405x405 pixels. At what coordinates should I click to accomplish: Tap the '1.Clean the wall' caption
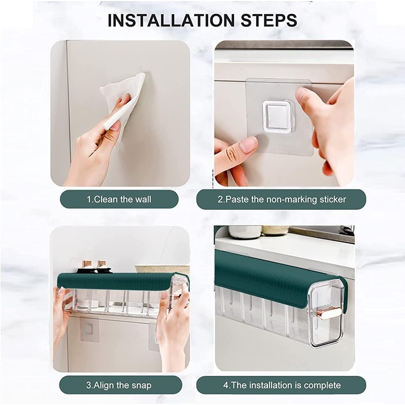click(x=119, y=200)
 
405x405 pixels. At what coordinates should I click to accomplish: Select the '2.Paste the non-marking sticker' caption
click(x=281, y=200)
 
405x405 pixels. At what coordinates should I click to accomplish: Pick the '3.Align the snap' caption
click(x=119, y=385)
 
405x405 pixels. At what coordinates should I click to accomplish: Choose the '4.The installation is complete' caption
click(x=281, y=385)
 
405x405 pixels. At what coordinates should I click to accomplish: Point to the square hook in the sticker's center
click(x=278, y=116)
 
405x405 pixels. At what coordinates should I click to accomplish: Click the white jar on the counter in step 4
click(x=245, y=232)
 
